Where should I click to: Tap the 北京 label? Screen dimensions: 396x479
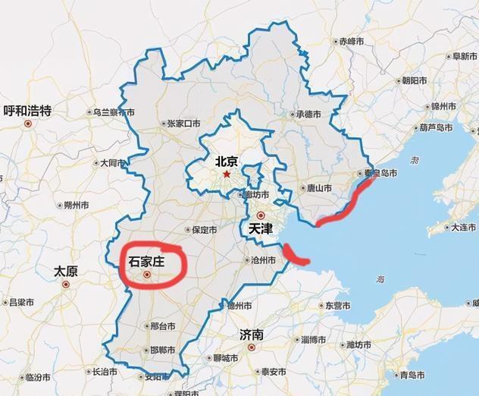227,160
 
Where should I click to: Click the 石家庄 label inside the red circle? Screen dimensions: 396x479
147,262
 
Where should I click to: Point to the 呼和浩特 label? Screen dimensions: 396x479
27,111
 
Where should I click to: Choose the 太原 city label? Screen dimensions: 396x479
66,271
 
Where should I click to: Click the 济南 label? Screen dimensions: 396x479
251,335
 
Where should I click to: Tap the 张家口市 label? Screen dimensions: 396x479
183,123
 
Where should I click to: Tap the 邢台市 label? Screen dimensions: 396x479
163,326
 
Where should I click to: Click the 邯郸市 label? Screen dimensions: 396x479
162,350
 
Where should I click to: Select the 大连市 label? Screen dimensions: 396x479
462,227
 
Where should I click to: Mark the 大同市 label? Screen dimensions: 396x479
110,162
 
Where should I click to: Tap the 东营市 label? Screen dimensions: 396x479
338,306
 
